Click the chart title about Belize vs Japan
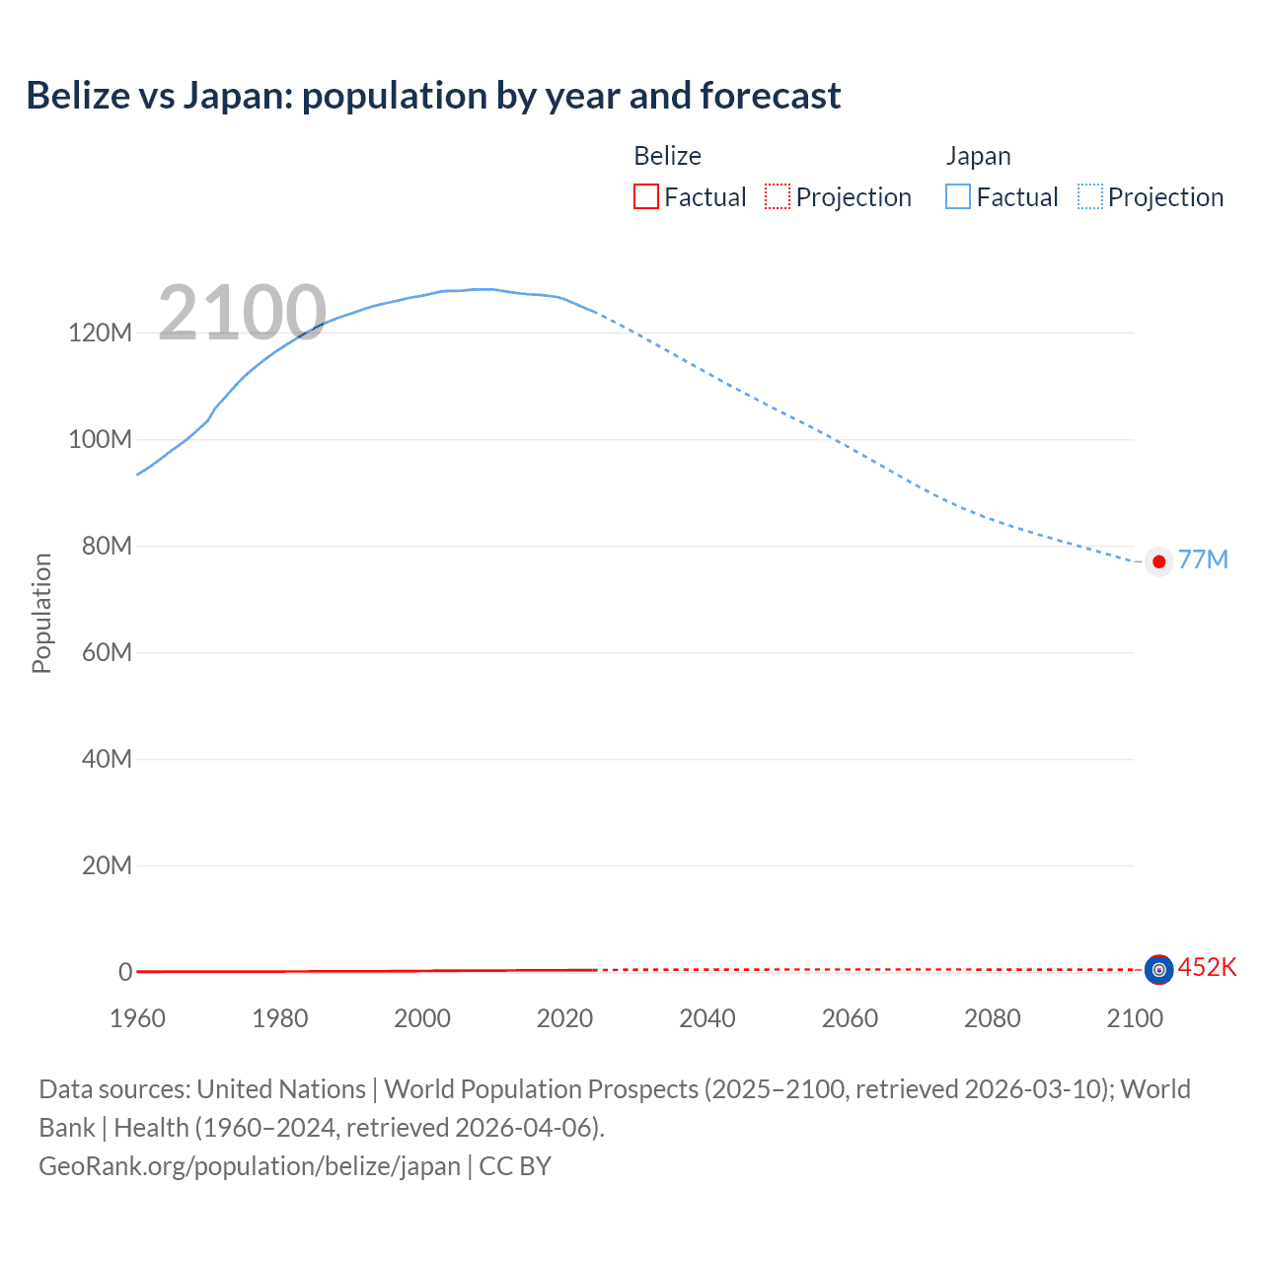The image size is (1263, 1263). click(x=433, y=96)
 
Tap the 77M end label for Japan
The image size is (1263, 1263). click(x=1203, y=559)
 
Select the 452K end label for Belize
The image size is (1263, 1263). click(x=1207, y=967)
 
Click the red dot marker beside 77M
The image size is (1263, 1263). click(x=1159, y=561)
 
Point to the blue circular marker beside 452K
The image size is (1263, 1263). click(x=1158, y=970)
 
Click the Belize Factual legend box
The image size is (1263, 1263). click(x=646, y=196)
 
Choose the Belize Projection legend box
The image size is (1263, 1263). click(x=778, y=196)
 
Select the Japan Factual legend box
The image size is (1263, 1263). click(x=958, y=196)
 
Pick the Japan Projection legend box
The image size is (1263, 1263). click(x=1090, y=196)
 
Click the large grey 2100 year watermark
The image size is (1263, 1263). click(x=242, y=313)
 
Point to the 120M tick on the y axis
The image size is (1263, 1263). click(x=100, y=333)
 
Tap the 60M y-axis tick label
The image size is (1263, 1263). click(x=107, y=652)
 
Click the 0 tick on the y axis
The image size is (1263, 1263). click(x=125, y=972)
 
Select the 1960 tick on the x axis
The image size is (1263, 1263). click(x=137, y=1018)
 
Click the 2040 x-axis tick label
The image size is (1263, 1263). click(x=707, y=1018)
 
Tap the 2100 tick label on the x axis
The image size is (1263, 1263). click(x=1135, y=1018)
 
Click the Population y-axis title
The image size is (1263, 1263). click(x=41, y=613)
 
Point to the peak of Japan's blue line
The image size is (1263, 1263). click(x=483, y=289)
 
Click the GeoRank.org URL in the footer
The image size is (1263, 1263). click(x=250, y=1166)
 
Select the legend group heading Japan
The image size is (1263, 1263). click(x=978, y=156)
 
